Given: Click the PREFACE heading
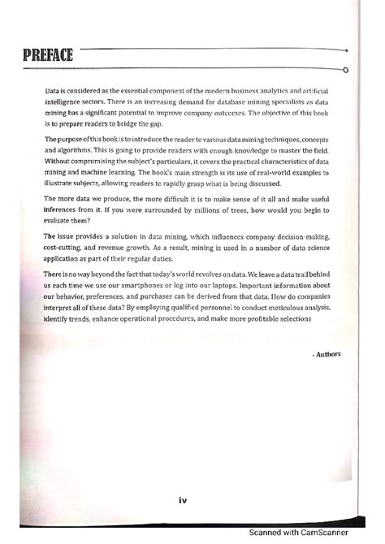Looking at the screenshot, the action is (x=47, y=56).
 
